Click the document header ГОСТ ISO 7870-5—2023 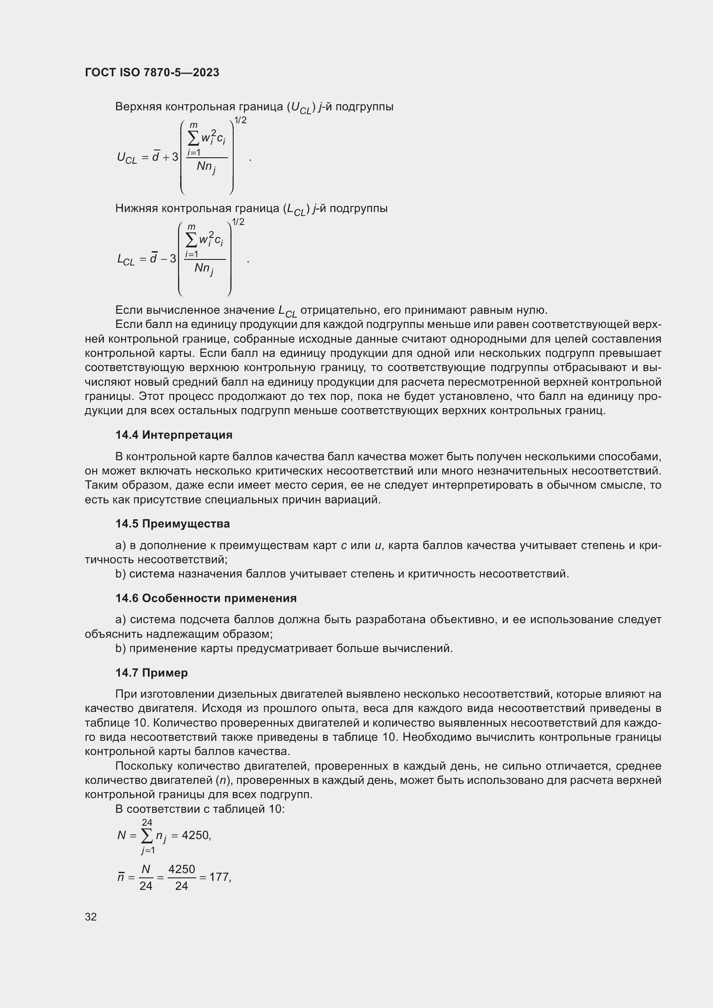[x=152, y=72]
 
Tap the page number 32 [x=91, y=917]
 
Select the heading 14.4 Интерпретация [x=174, y=435]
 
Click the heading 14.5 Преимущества [x=172, y=523]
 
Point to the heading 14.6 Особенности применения [x=206, y=598]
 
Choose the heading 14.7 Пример [x=151, y=673]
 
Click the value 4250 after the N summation [x=195, y=835]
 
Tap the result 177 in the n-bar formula [x=219, y=877]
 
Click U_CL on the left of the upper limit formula [x=127, y=158]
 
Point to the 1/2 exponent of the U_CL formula [x=240, y=120]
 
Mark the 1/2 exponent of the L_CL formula [x=238, y=222]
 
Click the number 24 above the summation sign [x=147, y=822]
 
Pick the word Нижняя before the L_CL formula [x=137, y=208]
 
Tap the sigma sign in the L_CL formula [x=191, y=240]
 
